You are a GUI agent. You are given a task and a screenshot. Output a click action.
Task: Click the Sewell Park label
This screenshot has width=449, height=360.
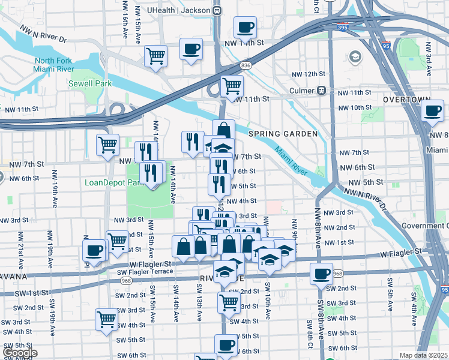90,84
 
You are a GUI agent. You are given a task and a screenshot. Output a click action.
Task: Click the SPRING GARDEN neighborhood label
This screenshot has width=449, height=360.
282,134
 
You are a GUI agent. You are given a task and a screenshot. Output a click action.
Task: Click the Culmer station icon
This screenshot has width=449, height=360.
322,91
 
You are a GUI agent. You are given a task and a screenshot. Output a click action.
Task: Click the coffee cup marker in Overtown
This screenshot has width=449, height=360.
432,110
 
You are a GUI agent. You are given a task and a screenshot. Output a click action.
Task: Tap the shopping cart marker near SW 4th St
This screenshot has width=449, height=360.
106,319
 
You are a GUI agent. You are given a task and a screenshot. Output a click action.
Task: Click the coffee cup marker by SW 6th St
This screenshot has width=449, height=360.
226,345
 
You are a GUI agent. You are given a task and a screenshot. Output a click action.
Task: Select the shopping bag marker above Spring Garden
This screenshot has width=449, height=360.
223,130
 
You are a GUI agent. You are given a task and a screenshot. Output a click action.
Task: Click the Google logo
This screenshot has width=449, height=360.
19,353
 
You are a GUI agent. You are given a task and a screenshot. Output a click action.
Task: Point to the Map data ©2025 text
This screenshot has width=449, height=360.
423,355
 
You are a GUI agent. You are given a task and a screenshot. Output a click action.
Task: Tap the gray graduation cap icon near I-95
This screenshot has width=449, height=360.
355,57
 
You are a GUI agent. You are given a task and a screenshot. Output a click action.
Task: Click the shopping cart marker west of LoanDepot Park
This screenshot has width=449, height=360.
107,144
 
